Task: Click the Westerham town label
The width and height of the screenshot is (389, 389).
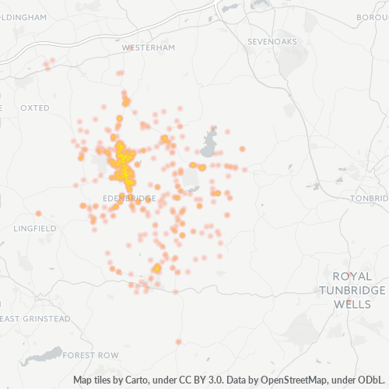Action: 149,47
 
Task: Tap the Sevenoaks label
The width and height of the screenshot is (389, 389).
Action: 272,40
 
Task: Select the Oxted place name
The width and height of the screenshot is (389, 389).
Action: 35,107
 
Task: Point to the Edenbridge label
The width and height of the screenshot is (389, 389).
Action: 129,198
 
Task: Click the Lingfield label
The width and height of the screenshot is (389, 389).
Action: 35,228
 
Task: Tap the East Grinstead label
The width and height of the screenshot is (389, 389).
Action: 36,319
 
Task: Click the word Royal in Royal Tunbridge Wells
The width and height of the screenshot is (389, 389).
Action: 352,276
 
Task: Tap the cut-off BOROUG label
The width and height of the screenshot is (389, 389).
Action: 373,16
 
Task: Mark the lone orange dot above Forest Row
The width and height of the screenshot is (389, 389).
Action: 178,342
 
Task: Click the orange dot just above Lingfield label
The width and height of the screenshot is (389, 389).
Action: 38,213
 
